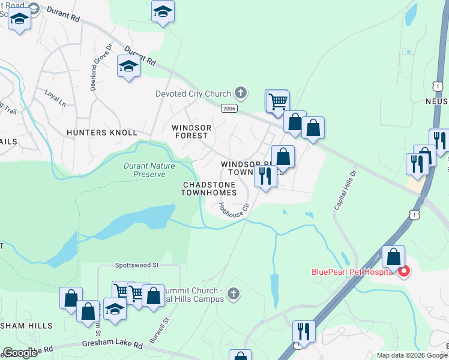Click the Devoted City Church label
[x=193, y=94]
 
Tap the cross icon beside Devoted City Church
[x=241, y=93]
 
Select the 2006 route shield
[x=229, y=108]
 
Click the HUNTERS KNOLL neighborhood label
[x=102, y=132]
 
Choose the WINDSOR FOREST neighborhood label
[x=191, y=132]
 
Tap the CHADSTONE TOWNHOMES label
[x=209, y=188]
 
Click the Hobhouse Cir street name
[x=233, y=211]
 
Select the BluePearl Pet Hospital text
[x=352, y=271]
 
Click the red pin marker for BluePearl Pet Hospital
[x=404, y=271]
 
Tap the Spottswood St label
[x=136, y=265]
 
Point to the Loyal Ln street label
[x=55, y=98]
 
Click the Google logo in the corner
[x=20, y=353]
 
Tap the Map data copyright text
[x=412, y=355]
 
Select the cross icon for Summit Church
[x=234, y=294]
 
